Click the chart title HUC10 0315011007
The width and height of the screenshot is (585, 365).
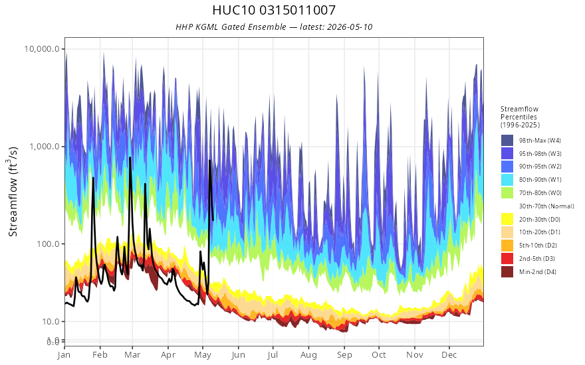pyautogui.click(x=274, y=10)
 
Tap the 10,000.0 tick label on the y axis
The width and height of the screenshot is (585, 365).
pyautogui.click(x=42, y=49)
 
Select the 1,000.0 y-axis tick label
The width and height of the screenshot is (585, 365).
pyautogui.click(x=45, y=147)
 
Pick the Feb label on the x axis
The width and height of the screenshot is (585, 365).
pyautogui.click(x=100, y=354)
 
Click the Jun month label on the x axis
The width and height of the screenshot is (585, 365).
pyautogui.click(x=238, y=354)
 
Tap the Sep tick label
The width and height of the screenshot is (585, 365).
pyautogui.click(x=344, y=354)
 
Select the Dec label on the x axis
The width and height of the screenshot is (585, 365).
pyautogui.click(x=449, y=354)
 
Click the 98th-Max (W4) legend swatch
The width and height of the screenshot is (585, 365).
pyautogui.click(x=507, y=141)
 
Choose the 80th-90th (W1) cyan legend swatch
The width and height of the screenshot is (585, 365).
pyautogui.click(x=507, y=180)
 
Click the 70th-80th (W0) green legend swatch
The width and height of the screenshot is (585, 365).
pyautogui.click(x=507, y=193)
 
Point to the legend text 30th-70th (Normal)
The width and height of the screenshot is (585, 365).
pyautogui.click(x=546, y=206)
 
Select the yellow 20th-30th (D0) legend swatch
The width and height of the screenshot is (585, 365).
pyautogui.click(x=507, y=220)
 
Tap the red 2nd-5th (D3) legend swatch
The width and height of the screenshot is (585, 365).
pyautogui.click(x=507, y=258)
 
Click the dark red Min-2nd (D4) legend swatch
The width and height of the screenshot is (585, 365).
pyautogui.click(x=507, y=272)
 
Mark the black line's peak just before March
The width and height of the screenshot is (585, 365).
pyautogui.click(x=130, y=157)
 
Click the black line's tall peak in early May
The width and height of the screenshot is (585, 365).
pyautogui.click(x=209, y=161)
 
